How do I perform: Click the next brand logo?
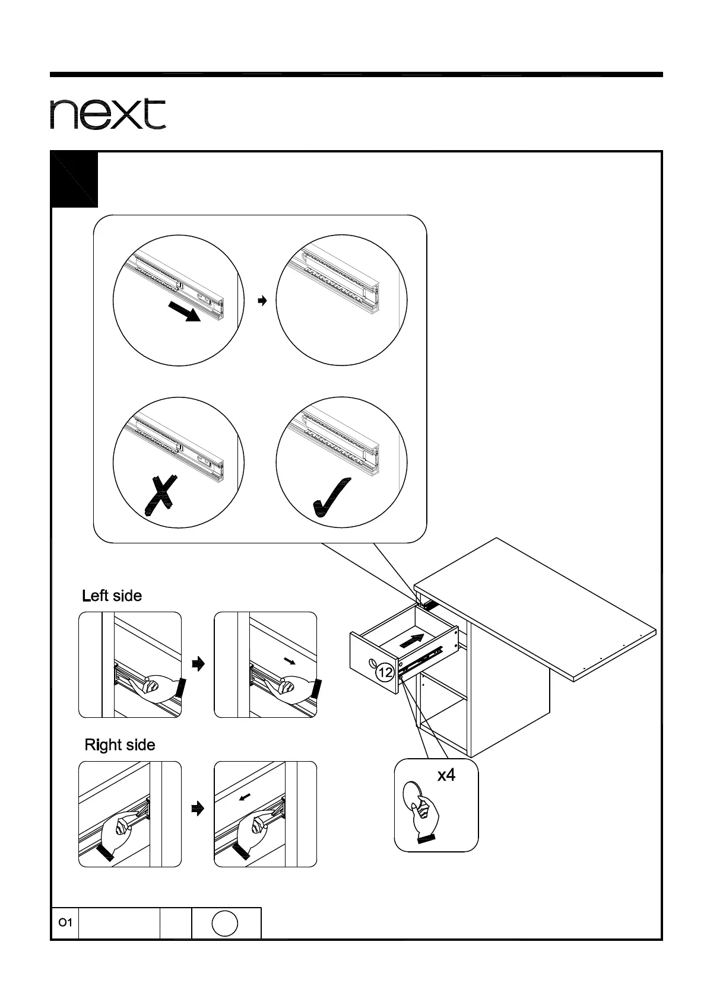tap(107, 114)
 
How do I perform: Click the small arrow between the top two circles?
tap(262, 301)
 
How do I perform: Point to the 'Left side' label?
tap(112, 596)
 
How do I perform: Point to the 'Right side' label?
tap(120, 745)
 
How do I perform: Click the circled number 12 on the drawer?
tap(385, 673)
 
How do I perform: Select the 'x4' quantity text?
tap(446, 775)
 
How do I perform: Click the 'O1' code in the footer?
tap(65, 923)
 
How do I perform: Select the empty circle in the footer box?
tap(224, 924)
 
